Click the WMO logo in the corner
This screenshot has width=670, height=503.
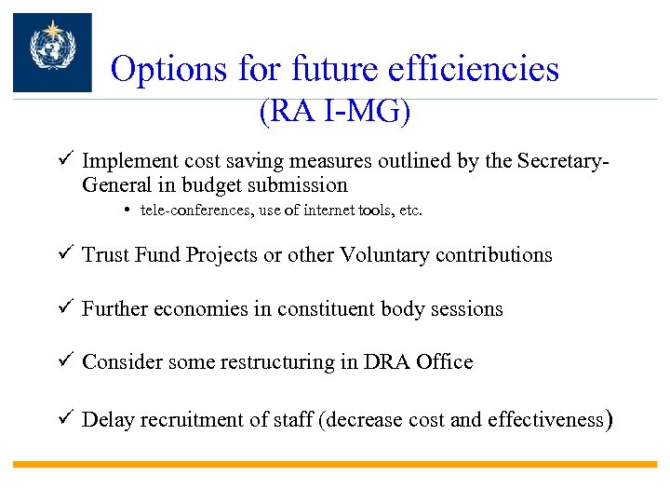pos(52,52)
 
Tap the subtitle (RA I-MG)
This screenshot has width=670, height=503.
pos(335,112)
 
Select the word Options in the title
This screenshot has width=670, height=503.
pos(167,69)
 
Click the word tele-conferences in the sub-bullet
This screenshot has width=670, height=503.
pos(191,211)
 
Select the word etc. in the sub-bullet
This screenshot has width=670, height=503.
pos(409,211)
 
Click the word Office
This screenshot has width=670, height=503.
pos(441,362)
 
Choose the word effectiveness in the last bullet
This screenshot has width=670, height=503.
pos(540,420)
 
